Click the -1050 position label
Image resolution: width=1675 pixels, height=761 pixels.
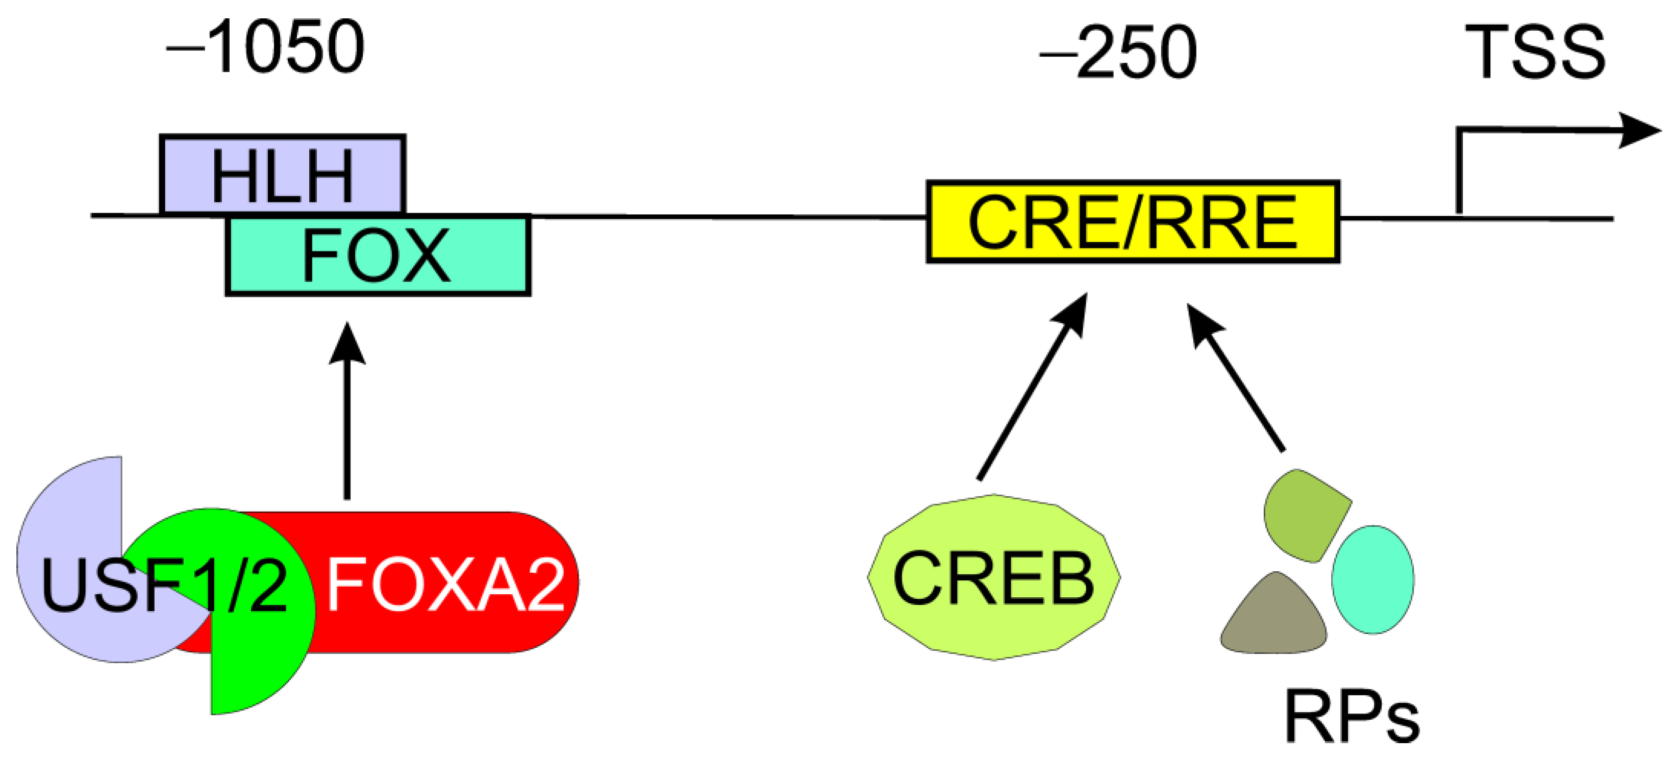click(265, 47)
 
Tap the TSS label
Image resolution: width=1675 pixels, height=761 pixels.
click(1535, 52)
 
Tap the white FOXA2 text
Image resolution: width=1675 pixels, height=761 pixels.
click(445, 586)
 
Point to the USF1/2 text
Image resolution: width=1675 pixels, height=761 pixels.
click(163, 586)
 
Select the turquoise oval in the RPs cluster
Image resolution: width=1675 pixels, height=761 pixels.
click(1372, 579)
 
